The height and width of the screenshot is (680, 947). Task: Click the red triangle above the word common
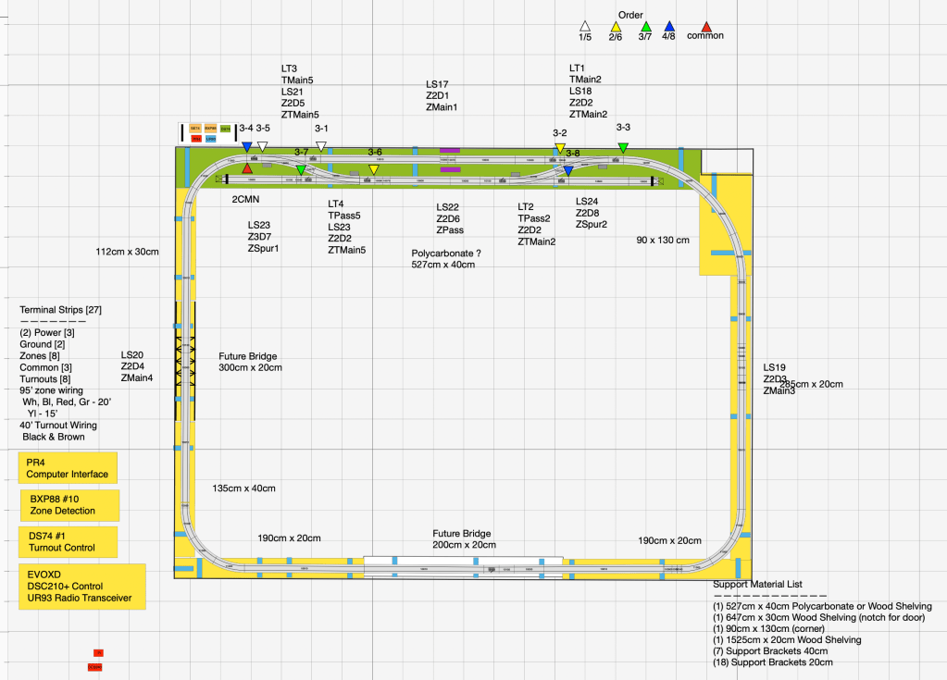[x=706, y=26]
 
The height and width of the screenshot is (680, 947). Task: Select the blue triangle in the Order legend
[x=671, y=26]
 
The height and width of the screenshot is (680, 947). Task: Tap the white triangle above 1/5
[x=585, y=26]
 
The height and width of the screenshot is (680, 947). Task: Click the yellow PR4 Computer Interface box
[x=68, y=467]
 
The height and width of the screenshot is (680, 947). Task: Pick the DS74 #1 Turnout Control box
[x=68, y=542]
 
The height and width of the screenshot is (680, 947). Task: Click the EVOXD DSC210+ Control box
[x=82, y=587]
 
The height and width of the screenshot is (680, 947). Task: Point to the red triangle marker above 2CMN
[x=247, y=168]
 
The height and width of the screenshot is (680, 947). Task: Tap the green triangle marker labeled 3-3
[x=623, y=148]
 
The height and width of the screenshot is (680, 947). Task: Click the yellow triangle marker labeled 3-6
[x=373, y=169]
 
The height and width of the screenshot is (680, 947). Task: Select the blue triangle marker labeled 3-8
[x=568, y=170]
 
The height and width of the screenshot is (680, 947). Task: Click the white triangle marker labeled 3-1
[x=321, y=146]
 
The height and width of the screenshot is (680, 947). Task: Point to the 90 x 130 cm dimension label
[x=662, y=241]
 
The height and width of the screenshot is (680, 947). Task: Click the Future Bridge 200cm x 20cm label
[x=462, y=539]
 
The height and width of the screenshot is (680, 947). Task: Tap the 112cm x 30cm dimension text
[x=128, y=251]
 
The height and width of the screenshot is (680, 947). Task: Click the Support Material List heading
[x=757, y=584]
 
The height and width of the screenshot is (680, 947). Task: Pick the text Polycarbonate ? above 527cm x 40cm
[x=446, y=253]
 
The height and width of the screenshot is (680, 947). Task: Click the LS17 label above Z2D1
[x=437, y=84]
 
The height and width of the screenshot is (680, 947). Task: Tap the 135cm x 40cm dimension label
[x=243, y=488]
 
